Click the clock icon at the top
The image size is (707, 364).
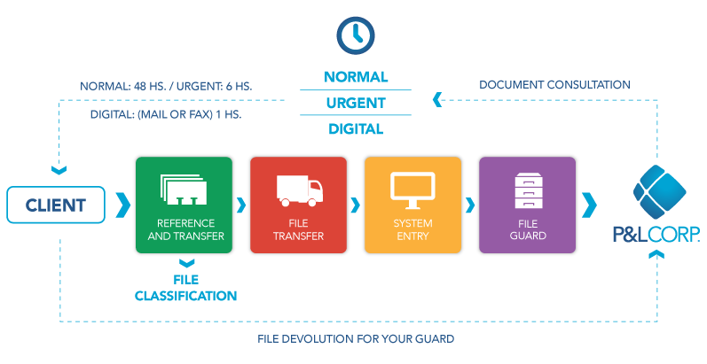point(355,35)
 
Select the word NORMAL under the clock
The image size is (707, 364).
point(355,77)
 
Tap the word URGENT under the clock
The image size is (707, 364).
point(355,103)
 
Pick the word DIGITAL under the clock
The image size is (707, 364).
point(355,128)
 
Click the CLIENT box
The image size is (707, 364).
point(55,205)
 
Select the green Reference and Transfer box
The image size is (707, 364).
point(183,205)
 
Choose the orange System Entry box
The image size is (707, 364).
point(412,205)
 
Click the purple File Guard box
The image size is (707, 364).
point(527,205)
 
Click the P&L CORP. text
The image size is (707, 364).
point(656,234)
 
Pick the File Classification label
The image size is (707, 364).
point(185,289)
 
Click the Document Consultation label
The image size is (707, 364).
point(554,85)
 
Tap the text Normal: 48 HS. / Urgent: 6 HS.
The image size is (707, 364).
point(166,86)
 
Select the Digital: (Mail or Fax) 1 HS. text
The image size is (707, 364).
point(165,114)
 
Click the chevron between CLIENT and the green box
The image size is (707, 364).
point(122,205)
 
